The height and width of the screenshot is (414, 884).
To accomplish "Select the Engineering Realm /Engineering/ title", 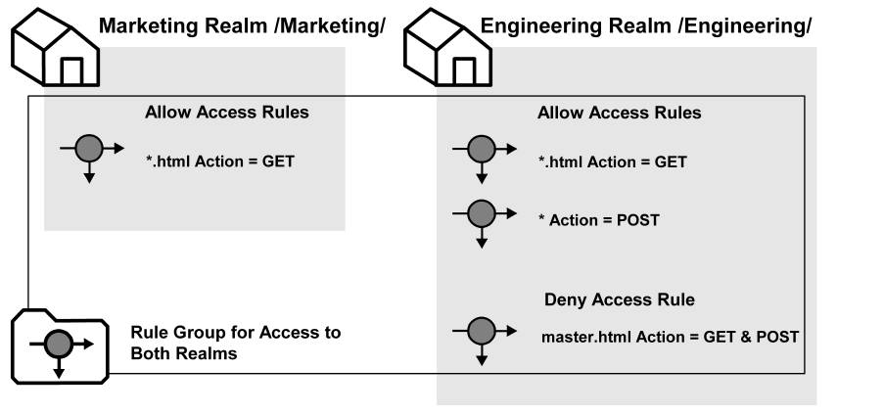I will (x=646, y=25).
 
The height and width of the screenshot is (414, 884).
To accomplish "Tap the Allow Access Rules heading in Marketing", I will (x=227, y=113).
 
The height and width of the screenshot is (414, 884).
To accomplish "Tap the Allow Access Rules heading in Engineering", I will (x=619, y=113).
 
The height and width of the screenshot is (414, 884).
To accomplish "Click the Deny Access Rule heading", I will (x=619, y=299).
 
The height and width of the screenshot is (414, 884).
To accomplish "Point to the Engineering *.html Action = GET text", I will (x=613, y=161).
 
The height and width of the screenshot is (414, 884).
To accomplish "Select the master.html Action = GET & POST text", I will (x=670, y=337).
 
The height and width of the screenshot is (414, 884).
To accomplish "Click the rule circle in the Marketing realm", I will (x=89, y=149).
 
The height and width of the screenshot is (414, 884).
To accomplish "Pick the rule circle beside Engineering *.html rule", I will (x=481, y=149).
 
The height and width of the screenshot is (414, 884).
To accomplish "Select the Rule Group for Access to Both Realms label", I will (x=235, y=344).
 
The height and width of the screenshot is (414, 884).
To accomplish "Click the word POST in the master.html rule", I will (x=779, y=337).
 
